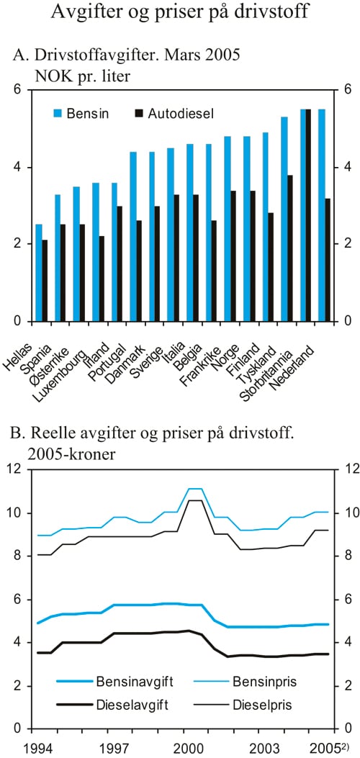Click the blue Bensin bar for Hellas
pyautogui.click(x=39, y=273)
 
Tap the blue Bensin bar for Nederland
pyautogui.click(x=321, y=215)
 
